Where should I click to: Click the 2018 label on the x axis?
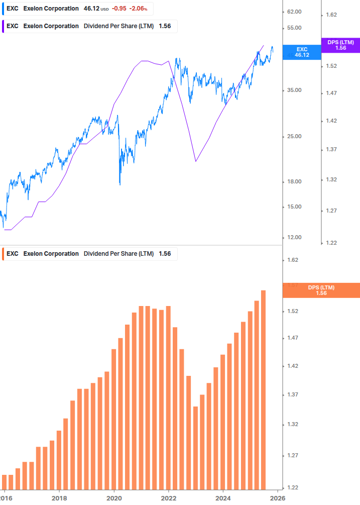pos(59,497)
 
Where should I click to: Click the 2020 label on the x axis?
pos(114,497)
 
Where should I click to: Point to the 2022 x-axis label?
pos(169,497)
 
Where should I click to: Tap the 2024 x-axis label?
pos(223,497)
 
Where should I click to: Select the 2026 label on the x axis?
pos(278,497)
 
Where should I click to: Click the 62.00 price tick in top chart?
pos(294,12)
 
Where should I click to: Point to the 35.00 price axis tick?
pos(294,90)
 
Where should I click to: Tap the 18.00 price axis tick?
pos(294,181)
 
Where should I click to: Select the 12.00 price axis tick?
pos(294,237)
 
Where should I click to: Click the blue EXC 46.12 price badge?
pos(302,52)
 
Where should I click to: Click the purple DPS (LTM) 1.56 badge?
pos(340,45)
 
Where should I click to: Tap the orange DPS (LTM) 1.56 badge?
pos(321,290)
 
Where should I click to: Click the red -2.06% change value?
pos(139,9)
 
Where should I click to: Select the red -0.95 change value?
pos(119,9)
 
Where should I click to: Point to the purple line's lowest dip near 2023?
pos(195,161)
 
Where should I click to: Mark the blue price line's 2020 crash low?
pos(120,184)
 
